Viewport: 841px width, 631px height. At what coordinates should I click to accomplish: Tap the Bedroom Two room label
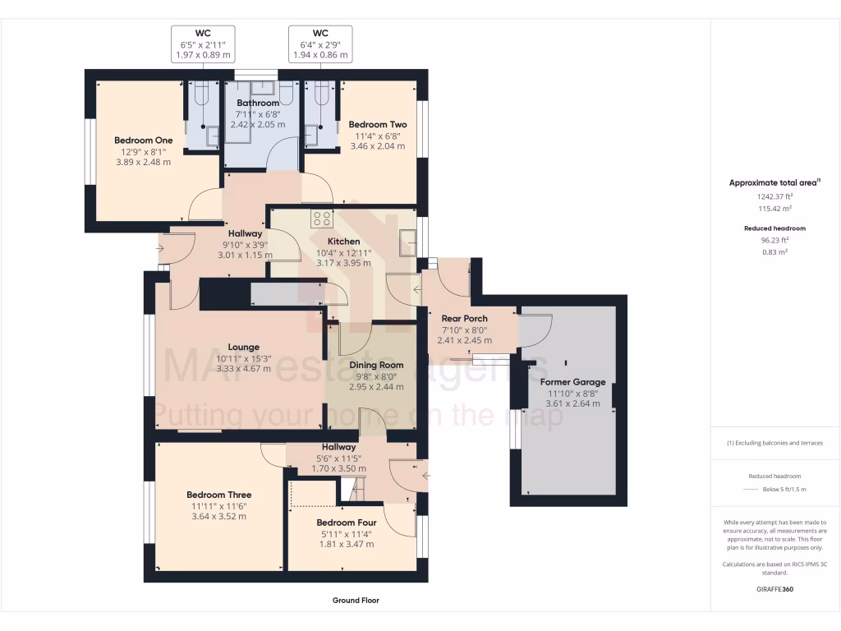(377, 124)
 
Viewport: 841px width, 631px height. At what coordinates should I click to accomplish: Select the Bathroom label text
(257, 103)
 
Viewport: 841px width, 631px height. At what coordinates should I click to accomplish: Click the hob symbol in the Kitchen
(321, 219)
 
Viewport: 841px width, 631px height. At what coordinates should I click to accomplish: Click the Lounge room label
(243, 347)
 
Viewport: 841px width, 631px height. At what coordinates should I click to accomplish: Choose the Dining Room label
(376, 365)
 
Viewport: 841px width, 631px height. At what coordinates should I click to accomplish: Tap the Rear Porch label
(464, 318)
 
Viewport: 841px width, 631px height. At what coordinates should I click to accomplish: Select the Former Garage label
(572, 381)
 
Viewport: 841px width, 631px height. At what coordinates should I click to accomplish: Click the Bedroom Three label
(218, 495)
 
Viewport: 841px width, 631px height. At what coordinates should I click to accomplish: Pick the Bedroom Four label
(346, 522)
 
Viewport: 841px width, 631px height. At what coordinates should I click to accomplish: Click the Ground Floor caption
(356, 601)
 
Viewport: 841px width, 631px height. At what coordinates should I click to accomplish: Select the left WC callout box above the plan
(203, 44)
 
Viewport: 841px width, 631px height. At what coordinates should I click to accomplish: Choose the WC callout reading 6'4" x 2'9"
(320, 44)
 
